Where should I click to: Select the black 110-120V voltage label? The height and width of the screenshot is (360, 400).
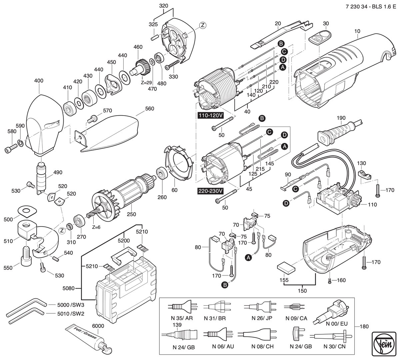(x=211, y=115)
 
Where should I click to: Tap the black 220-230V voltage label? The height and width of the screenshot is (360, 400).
(x=210, y=191)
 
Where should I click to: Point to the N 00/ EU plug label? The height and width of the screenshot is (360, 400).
(x=337, y=324)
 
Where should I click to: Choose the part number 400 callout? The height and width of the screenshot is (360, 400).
(x=39, y=81)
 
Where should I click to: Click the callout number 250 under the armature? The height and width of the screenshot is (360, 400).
(x=131, y=214)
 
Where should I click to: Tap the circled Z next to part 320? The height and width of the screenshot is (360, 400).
(x=203, y=25)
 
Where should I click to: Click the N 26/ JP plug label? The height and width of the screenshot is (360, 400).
(x=262, y=318)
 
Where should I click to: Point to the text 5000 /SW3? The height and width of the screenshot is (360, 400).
(x=71, y=305)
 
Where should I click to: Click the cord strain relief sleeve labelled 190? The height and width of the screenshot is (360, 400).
(x=339, y=133)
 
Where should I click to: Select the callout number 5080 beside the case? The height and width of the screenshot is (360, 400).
(x=68, y=288)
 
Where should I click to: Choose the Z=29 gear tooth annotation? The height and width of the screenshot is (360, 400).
(x=146, y=83)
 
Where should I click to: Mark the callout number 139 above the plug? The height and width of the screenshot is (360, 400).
(x=177, y=325)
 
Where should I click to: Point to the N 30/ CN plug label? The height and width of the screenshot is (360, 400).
(x=334, y=346)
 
